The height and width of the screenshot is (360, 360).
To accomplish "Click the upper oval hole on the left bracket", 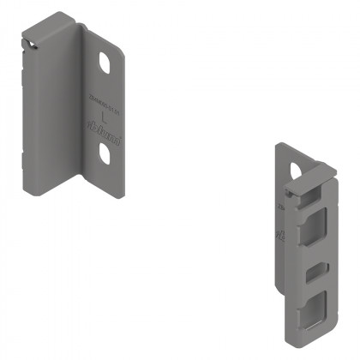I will coord(105,64).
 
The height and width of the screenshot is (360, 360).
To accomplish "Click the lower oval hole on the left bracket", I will coord(105,153).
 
